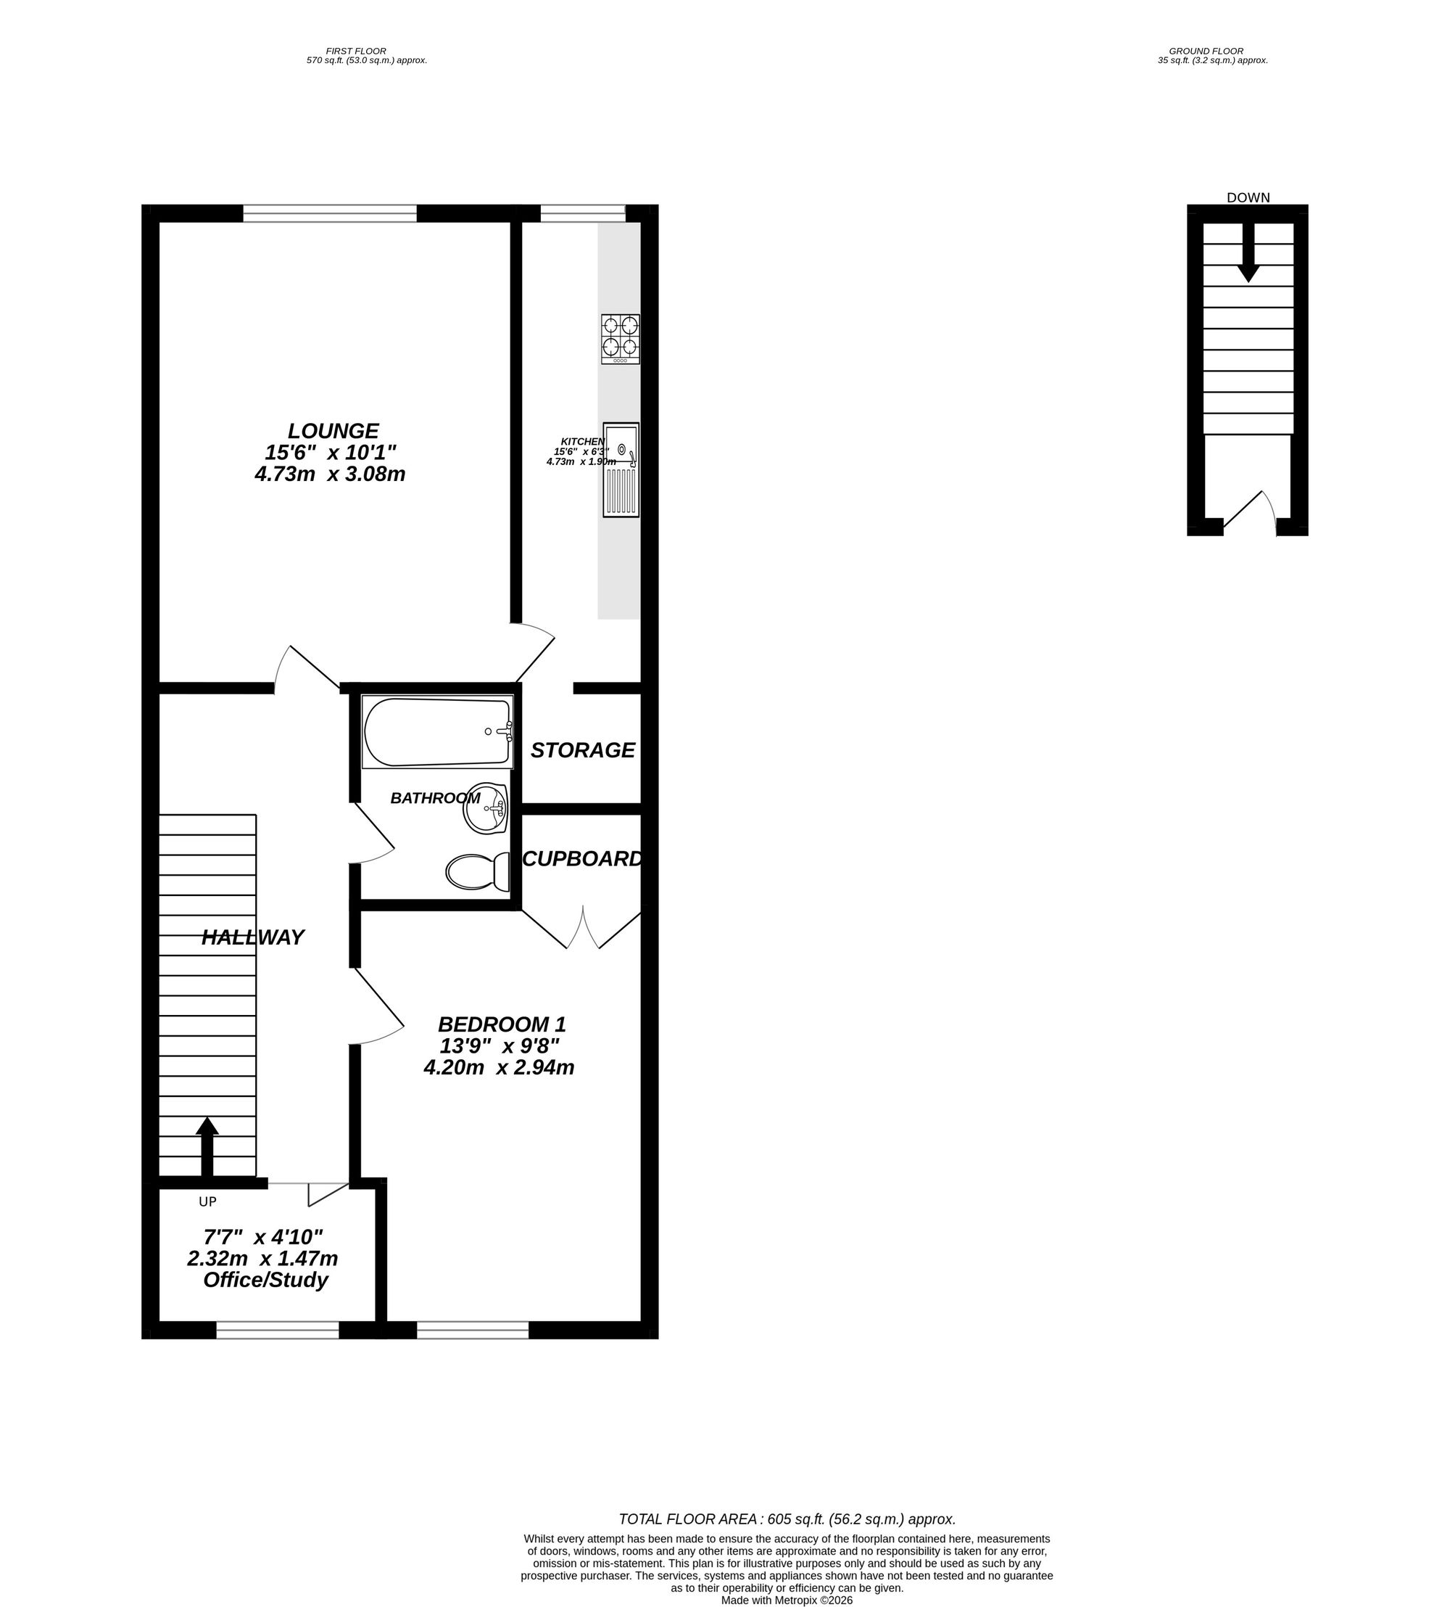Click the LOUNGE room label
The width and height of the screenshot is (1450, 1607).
(333, 431)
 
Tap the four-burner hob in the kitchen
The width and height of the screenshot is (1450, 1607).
(620, 340)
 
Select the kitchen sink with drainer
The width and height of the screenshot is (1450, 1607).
(621, 469)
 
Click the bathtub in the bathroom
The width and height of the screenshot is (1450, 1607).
(436, 732)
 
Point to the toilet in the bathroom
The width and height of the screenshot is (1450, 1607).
(478, 872)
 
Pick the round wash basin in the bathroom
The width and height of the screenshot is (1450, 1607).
(486, 808)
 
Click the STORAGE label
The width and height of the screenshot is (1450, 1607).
(582, 750)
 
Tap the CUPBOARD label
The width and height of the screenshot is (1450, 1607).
(581, 858)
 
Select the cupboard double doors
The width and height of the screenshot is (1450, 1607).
(582, 929)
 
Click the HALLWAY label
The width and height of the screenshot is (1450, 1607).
(252, 937)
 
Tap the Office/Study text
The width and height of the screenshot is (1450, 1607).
(265, 1281)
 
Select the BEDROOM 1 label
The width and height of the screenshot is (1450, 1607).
(502, 1024)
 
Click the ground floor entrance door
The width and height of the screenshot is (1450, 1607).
(1248, 514)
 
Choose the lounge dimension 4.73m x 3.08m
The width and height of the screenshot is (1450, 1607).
(330, 474)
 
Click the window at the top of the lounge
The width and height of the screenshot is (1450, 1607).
(330, 213)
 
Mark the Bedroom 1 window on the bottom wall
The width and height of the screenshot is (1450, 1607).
(473, 1329)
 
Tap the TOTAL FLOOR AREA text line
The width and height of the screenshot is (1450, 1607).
(787, 1519)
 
